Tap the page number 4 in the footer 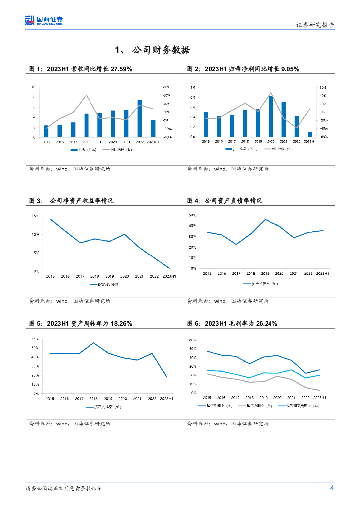(332, 488)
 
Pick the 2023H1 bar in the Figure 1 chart (153, 128)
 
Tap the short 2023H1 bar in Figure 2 (310, 134)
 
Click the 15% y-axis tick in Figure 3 (35, 216)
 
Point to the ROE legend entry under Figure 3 (104, 285)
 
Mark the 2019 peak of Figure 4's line (265, 219)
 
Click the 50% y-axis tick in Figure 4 (193, 215)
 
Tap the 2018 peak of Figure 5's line (93, 343)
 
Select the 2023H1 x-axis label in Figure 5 (166, 399)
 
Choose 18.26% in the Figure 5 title (118, 323)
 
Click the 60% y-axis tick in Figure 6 (193, 340)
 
